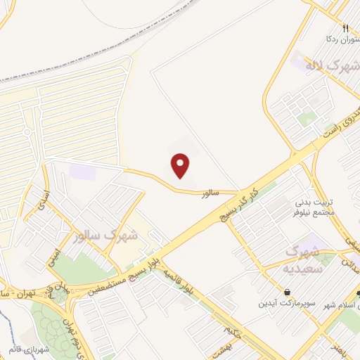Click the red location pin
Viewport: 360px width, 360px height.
[x=181, y=165]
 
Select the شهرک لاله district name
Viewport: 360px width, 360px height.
[x=331, y=67]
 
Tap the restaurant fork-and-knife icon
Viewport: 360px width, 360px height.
[x=345, y=29]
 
